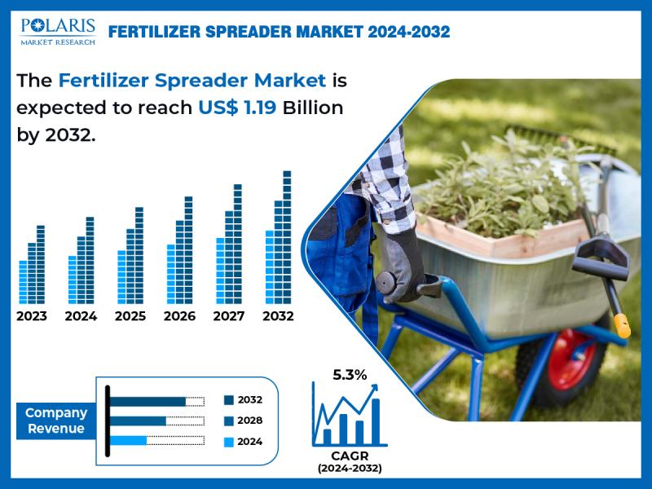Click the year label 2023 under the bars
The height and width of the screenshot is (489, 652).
[x=32, y=316]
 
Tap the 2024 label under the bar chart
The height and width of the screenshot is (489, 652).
[x=81, y=316]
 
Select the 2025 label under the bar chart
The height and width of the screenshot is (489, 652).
[x=130, y=316]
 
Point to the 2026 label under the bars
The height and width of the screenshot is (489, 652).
[x=179, y=316]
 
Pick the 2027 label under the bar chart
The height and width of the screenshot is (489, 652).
[x=228, y=316]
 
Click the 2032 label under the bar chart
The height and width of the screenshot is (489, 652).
[x=278, y=316]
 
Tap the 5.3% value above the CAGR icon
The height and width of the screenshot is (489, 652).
[x=350, y=375]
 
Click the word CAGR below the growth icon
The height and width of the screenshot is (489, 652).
[x=349, y=456]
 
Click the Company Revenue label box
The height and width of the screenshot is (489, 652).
[x=56, y=421]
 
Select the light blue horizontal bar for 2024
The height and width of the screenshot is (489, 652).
[x=128, y=441]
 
